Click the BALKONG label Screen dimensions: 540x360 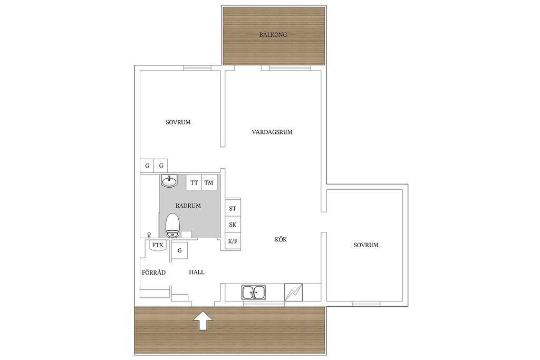tap(273, 35)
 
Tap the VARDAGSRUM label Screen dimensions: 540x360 tap(272, 132)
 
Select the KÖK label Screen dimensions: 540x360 tap(281, 239)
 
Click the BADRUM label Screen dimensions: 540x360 tap(188, 206)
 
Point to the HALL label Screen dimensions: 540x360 tap(197, 272)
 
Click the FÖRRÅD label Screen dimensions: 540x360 tap(153, 272)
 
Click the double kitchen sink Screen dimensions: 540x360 tap(254, 293)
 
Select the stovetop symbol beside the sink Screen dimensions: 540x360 tap(293, 292)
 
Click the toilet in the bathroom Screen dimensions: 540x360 tap(172, 226)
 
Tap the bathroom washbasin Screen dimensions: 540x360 tap(169, 181)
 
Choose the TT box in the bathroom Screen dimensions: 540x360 tap(194, 182)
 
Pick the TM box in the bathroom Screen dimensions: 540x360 tap(209, 182)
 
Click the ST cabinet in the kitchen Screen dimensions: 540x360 tap(233, 208)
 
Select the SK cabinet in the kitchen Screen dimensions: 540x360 tap(233, 225)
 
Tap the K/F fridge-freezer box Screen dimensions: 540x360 tap(233, 241)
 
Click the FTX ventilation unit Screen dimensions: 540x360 tap(158, 246)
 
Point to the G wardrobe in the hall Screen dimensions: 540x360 tap(179, 250)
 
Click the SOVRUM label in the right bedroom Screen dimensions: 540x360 tap(366, 245)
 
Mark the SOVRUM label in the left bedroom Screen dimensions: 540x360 tap(178, 122)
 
